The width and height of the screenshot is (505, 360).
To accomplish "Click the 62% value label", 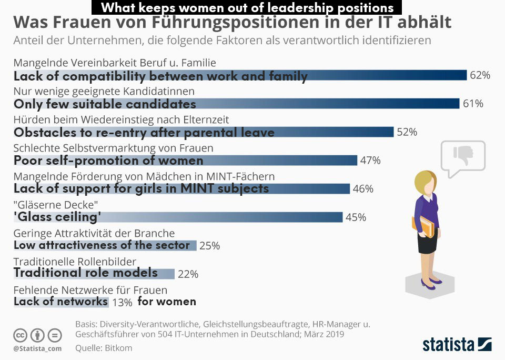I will click(x=480, y=75).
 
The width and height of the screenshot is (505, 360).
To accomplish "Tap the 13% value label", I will click(x=122, y=302).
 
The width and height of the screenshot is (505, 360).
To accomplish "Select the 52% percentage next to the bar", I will click(x=407, y=132).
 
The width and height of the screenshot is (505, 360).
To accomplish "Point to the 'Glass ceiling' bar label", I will click(x=57, y=216).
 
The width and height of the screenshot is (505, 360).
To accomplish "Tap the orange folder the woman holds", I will click(x=427, y=226).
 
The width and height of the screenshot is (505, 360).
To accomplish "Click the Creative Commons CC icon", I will click(x=20, y=335).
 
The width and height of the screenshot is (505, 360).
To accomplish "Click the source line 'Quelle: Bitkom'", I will click(x=104, y=348).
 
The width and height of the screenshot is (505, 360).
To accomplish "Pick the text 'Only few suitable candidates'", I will click(x=105, y=104).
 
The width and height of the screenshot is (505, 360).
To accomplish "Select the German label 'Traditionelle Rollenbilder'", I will click(x=75, y=262).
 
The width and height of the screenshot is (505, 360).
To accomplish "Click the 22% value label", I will click(x=188, y=274).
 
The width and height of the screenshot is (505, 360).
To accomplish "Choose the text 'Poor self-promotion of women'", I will click(x=108, y=161).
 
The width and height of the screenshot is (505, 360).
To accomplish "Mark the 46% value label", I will click(x=363, y=188).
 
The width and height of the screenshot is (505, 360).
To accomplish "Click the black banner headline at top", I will click(x=247, y=7).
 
